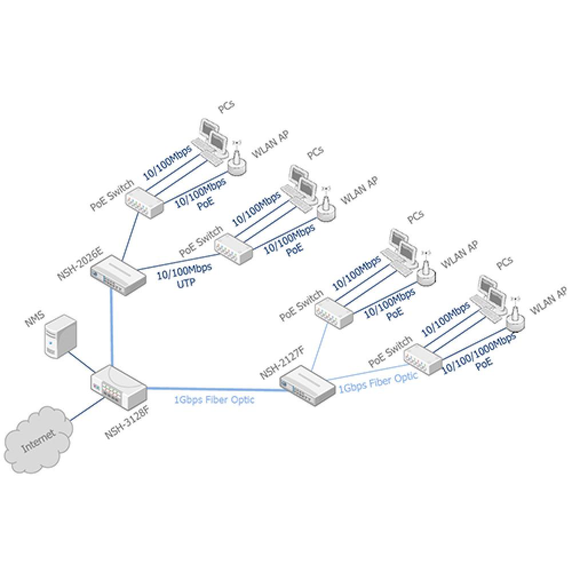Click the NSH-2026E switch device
click(118, 274)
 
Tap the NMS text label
click(34, 319)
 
